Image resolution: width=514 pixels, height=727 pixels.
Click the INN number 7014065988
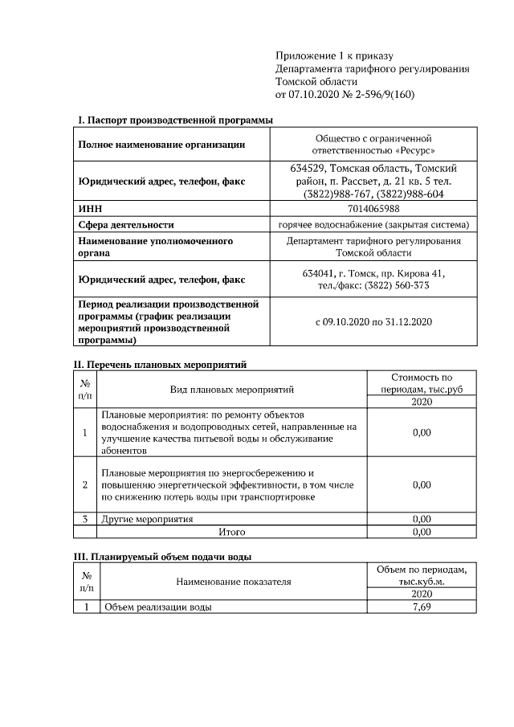pyautogui.click(x=373, y=209)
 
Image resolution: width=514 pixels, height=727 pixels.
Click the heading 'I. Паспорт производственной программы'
pyautogui.click(x=174, y=120)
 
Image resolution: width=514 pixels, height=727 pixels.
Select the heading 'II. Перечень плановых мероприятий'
pyautogui.click(x=160, y=364)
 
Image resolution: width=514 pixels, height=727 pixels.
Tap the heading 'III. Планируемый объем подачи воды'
pyautogui.click(x=163, y=555)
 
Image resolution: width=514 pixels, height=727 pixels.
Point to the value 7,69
pyautogui.click(x=421, y=607)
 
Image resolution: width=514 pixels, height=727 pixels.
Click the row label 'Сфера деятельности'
pyautogui.click(x=125, y=225)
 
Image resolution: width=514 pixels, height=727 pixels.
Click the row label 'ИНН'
pyautogui.click(x=88, y=209)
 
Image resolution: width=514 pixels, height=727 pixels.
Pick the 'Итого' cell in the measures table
pyautogui.click(x=232, y=532)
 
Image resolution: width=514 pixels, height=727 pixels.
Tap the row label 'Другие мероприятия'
pyautogui.click(x=147, y=519)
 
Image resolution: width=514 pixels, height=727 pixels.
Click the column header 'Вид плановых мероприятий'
pyautogui.click(x=232, y=390)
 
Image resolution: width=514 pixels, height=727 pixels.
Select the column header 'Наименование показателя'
pyautogui.click(x=233, y=581)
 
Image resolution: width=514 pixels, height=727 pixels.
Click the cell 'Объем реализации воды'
pyautogui.click(x=157, y=607)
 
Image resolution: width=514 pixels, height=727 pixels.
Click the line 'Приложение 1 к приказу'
pyautogui.click(x=333, y=55)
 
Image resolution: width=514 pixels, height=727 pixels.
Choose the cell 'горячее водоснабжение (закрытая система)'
pyautogui.click(x=373, y=225)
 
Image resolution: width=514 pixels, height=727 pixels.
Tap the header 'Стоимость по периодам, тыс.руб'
pyautogui.click(x=421, y=383)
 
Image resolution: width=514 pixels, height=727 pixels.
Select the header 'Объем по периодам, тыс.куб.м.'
pyautogui.click(x=421, y=574)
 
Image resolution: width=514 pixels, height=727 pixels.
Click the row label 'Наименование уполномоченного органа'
pyautogui.click(x=155, y=247)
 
